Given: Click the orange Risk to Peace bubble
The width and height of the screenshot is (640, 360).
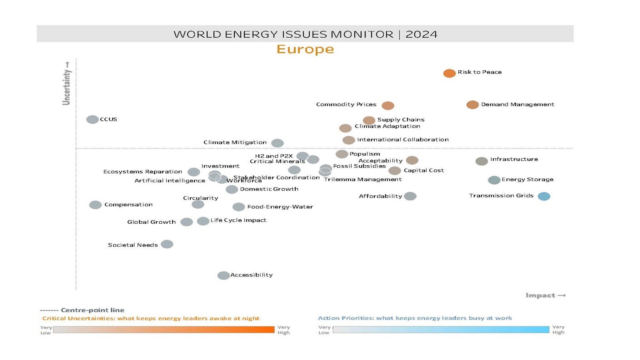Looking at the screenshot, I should tap(449, 73).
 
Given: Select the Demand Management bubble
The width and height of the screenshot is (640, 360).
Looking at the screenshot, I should tap(472, 105).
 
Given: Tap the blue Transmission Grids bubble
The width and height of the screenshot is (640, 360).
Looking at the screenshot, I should tap(544, 196).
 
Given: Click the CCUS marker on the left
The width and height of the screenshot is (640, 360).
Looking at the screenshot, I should tap(92, 119).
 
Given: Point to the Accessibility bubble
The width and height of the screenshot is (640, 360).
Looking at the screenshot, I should tap(223, 275).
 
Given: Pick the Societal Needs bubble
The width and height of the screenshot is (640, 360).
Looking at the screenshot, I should tap(167, 244).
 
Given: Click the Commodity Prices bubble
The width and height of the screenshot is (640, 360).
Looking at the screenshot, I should tap(388, 106).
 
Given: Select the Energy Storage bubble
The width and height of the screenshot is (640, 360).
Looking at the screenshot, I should tap(494, 180).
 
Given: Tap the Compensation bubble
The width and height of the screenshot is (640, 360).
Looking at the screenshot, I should tap(95, 205).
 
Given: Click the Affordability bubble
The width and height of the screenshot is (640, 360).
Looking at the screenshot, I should tap(410, 196).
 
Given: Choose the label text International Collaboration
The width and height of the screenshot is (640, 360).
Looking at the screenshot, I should tap(402, 140).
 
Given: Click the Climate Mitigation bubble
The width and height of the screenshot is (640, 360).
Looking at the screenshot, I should tap(277, 143).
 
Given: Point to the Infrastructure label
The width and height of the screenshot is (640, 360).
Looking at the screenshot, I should tap(514, 159).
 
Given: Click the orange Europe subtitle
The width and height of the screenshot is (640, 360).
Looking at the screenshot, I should tap(305, 49).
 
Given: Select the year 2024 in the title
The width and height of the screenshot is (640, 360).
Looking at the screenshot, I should tap(421, 34).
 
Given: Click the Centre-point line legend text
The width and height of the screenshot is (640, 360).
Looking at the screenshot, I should tap(92, 310).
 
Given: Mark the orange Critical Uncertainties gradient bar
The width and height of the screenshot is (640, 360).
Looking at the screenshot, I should tap(164, 330).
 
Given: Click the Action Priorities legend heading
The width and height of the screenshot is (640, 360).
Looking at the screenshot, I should tap(415, 318).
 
